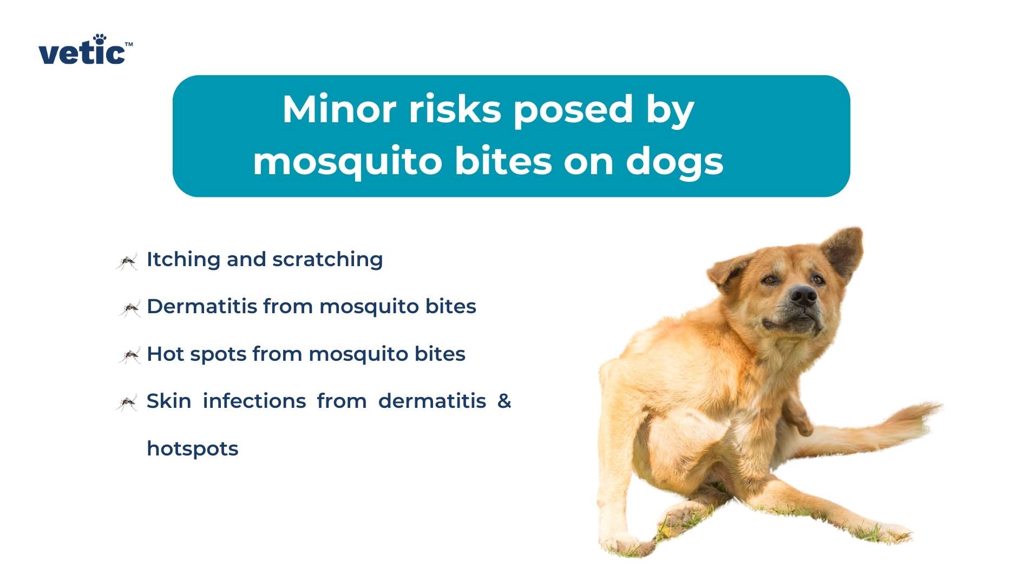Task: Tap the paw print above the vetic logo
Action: coord(100,39)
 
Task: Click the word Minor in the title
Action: coord(339,110)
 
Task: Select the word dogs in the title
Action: coord(674,162)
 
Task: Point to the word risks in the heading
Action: coord(455,110)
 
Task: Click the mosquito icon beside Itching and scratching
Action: coord(127,262)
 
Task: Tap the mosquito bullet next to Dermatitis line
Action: coord(129,309)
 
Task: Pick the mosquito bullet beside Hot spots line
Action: coord(129,356)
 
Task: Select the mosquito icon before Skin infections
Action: coord(127,403)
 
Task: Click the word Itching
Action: coord(183,260)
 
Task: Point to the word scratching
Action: coord(327,260)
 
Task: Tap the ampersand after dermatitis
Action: coord(504,401)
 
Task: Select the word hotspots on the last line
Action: coord(192,449)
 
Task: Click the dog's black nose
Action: coord(803,296)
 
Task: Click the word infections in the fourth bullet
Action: coord(254,401)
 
